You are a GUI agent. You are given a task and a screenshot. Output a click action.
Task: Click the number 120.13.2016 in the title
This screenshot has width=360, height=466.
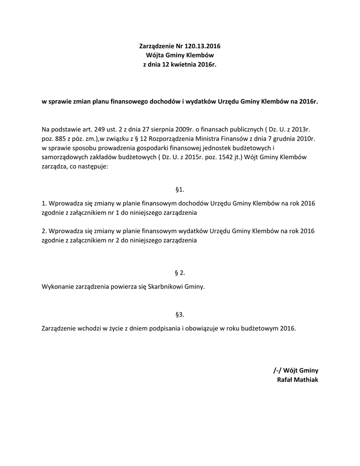[203, 46]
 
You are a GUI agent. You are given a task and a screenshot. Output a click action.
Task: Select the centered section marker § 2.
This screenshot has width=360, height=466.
[180, 273]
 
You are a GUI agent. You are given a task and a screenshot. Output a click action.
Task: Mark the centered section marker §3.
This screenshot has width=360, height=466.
[180, 314]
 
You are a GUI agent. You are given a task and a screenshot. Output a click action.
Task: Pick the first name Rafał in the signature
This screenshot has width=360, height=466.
[286, 380]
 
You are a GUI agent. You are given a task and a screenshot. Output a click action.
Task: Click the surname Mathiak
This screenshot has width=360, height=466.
[308, 380]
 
